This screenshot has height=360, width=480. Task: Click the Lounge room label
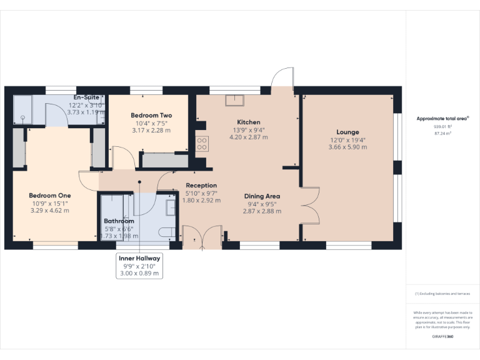pos(347,132)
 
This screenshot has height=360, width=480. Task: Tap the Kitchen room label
pos(248,122)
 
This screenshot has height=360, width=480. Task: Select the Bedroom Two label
pos(151,116)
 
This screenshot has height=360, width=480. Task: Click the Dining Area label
pos(262,196)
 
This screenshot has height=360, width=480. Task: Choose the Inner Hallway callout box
pos(139,266)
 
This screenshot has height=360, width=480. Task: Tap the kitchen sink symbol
pos(235,99)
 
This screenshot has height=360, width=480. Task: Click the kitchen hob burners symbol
pos(202,144)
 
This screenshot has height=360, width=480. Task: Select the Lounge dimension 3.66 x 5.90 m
pos(347,147)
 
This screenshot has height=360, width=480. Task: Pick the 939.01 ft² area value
pos(442,126)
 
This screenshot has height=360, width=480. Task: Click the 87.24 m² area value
pos(442,133)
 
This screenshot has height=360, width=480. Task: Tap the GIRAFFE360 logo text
pos(442,337)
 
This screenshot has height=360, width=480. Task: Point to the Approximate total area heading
pos(442,118)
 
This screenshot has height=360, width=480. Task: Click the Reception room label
pos(201,185)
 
